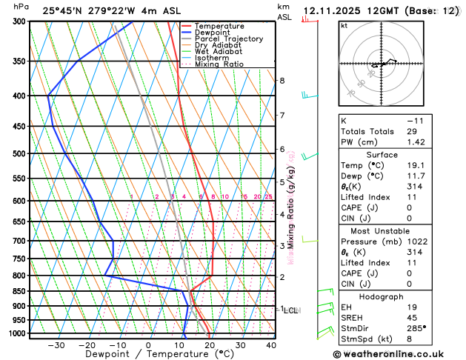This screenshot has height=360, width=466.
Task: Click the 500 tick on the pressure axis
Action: tap(19, 154)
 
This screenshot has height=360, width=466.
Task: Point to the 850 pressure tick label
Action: tap(19, 291)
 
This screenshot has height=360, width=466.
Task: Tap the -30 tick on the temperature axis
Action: tap(56, 345)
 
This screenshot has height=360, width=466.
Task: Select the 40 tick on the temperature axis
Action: tap(271, 345)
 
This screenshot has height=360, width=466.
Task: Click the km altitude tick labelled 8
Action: tap(282, 81)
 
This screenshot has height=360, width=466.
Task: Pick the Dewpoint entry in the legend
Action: tap(214, 33)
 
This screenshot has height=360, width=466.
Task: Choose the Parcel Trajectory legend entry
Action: tap(228, 39)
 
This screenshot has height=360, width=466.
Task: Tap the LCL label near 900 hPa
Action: tap(290, 310)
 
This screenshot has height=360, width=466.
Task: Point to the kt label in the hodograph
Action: tap(344, 25)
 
